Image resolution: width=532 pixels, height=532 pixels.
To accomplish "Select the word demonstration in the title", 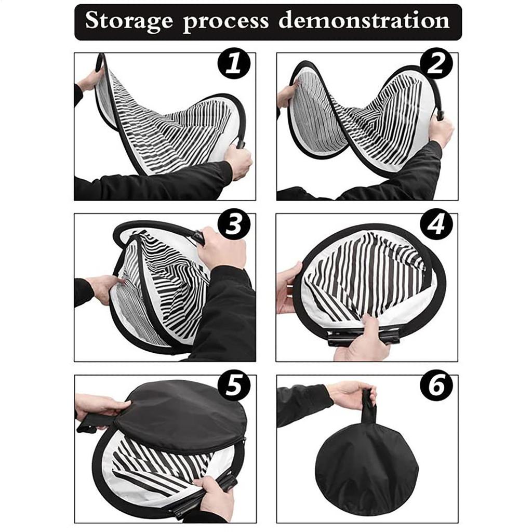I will [x=364, y=21].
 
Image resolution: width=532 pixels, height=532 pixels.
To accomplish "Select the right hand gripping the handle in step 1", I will [x=239, y=161].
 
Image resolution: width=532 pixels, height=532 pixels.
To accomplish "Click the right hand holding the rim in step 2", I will [x=442, y=130].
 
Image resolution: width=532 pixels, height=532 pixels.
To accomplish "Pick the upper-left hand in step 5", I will [x=99, y=405].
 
